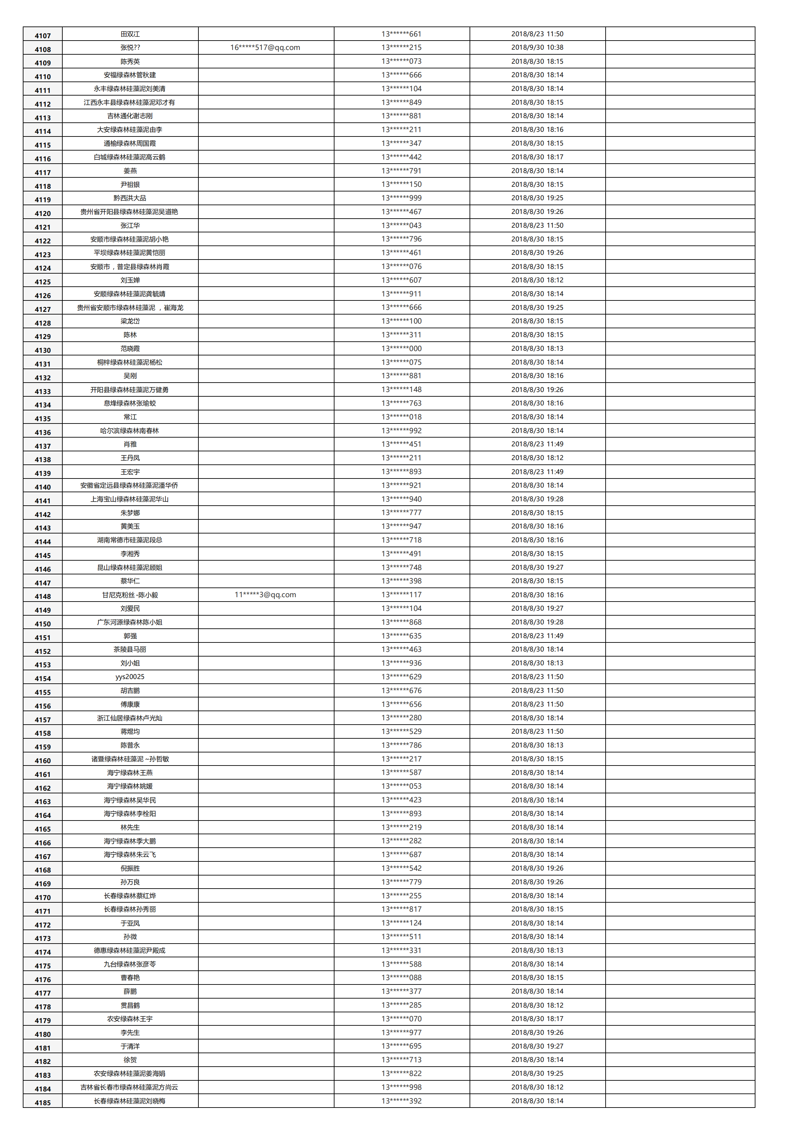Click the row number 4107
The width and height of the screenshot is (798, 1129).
(x=43, y=36)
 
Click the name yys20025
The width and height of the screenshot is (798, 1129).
(x=130, y=677)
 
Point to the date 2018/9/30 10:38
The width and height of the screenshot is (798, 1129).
(x=537, y=48)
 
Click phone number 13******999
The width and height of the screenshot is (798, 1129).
(x=402, y=198)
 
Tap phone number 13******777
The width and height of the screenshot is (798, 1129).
(x=402, y=512)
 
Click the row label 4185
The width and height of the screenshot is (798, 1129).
(x=43, y=1103)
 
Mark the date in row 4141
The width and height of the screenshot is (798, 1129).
(x=537, y=499)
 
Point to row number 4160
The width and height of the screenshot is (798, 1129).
(x=43, y=761)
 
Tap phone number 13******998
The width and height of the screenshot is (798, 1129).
(x=402, y=1087)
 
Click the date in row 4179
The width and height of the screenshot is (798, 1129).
(x=537, y=1018)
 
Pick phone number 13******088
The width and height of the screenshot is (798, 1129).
(x=402, y=977)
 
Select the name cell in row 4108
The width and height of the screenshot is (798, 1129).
(x=130, y=48)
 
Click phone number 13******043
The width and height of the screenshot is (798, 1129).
(x=402, y=226)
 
